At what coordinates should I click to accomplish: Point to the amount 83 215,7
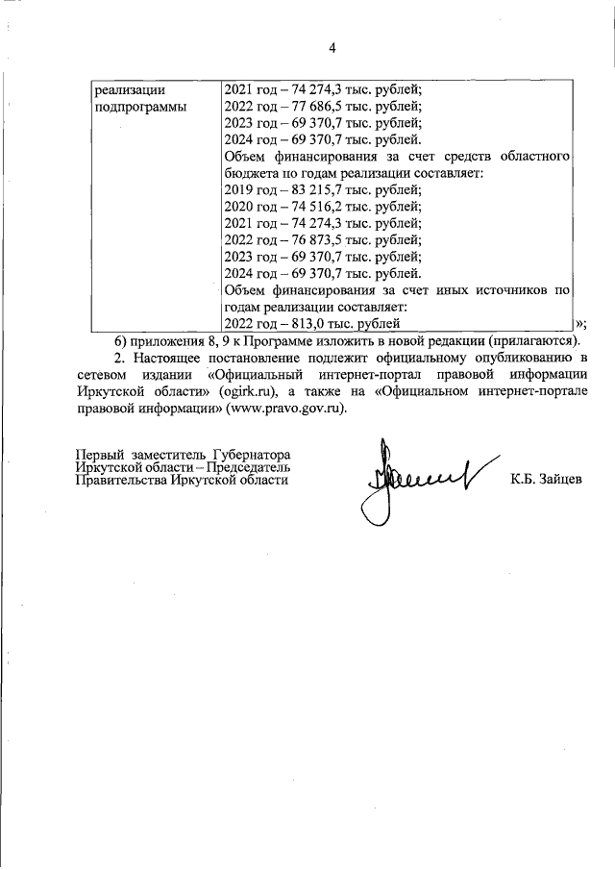pyautogui.click(x=306, y=189)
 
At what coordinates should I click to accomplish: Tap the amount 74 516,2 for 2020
pyautogui.click(x=306, y=206)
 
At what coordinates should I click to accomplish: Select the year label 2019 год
pyautogui.click(x=248, y=189)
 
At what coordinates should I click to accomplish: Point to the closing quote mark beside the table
pyautogui.click(x=580, y=323)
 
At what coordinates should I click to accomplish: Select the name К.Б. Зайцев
pyautogui.click(x=546, y=479)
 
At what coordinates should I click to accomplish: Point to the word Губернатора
pyautogui.click(x=247, y=453)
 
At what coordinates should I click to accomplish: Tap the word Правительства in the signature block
pyautogui.click(x=119, y=479)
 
